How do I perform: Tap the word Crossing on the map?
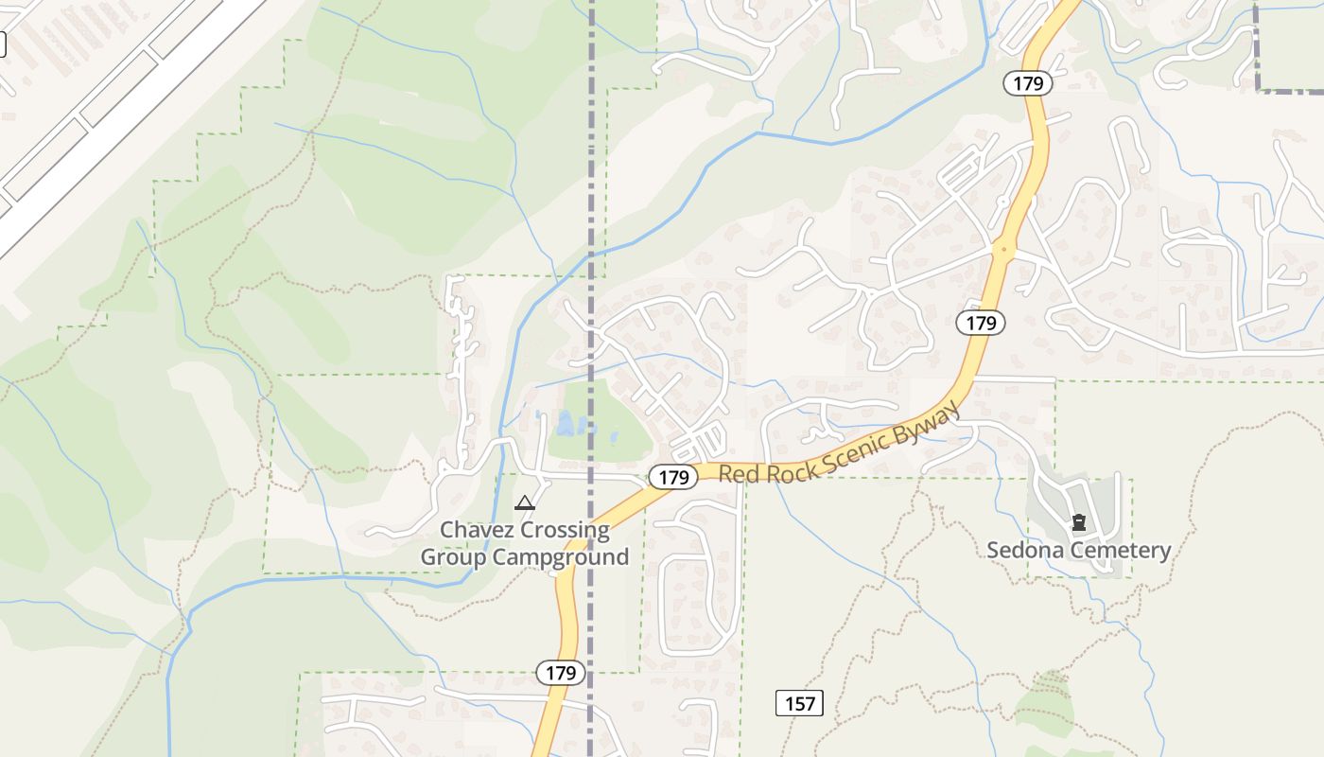(566, 530)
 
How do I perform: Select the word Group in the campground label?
(450, 557)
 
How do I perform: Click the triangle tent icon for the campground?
(525, 502)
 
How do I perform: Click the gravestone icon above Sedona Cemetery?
(1078, 522)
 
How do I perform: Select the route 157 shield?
(799, 703)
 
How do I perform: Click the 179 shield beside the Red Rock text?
(673, 478)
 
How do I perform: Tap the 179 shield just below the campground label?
(561, 674)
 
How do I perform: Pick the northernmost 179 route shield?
(1027, 83)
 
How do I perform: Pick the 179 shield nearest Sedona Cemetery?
(981, 323)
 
